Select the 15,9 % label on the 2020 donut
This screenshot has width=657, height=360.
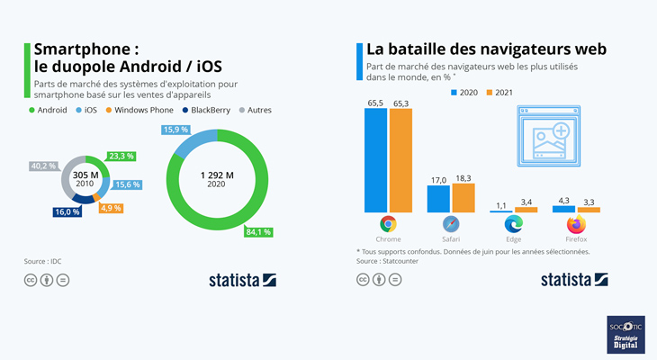tap(176, 130)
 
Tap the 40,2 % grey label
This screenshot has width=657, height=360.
tap(43, 166)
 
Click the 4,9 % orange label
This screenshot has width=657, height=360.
tap(110, 208)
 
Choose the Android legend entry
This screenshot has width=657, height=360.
tap(50, 110)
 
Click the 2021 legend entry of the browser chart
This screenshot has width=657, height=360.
tap(501, 93)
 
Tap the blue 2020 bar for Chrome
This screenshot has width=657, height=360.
tap(376, 160)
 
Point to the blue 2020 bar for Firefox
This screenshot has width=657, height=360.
tap(563, 209)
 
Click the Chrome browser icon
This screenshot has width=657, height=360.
tap(388, 225)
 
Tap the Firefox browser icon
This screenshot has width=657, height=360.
tap(576, 225)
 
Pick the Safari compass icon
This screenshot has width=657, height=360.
tap(451, 225)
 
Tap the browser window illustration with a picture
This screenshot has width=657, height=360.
tap(546, 135)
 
